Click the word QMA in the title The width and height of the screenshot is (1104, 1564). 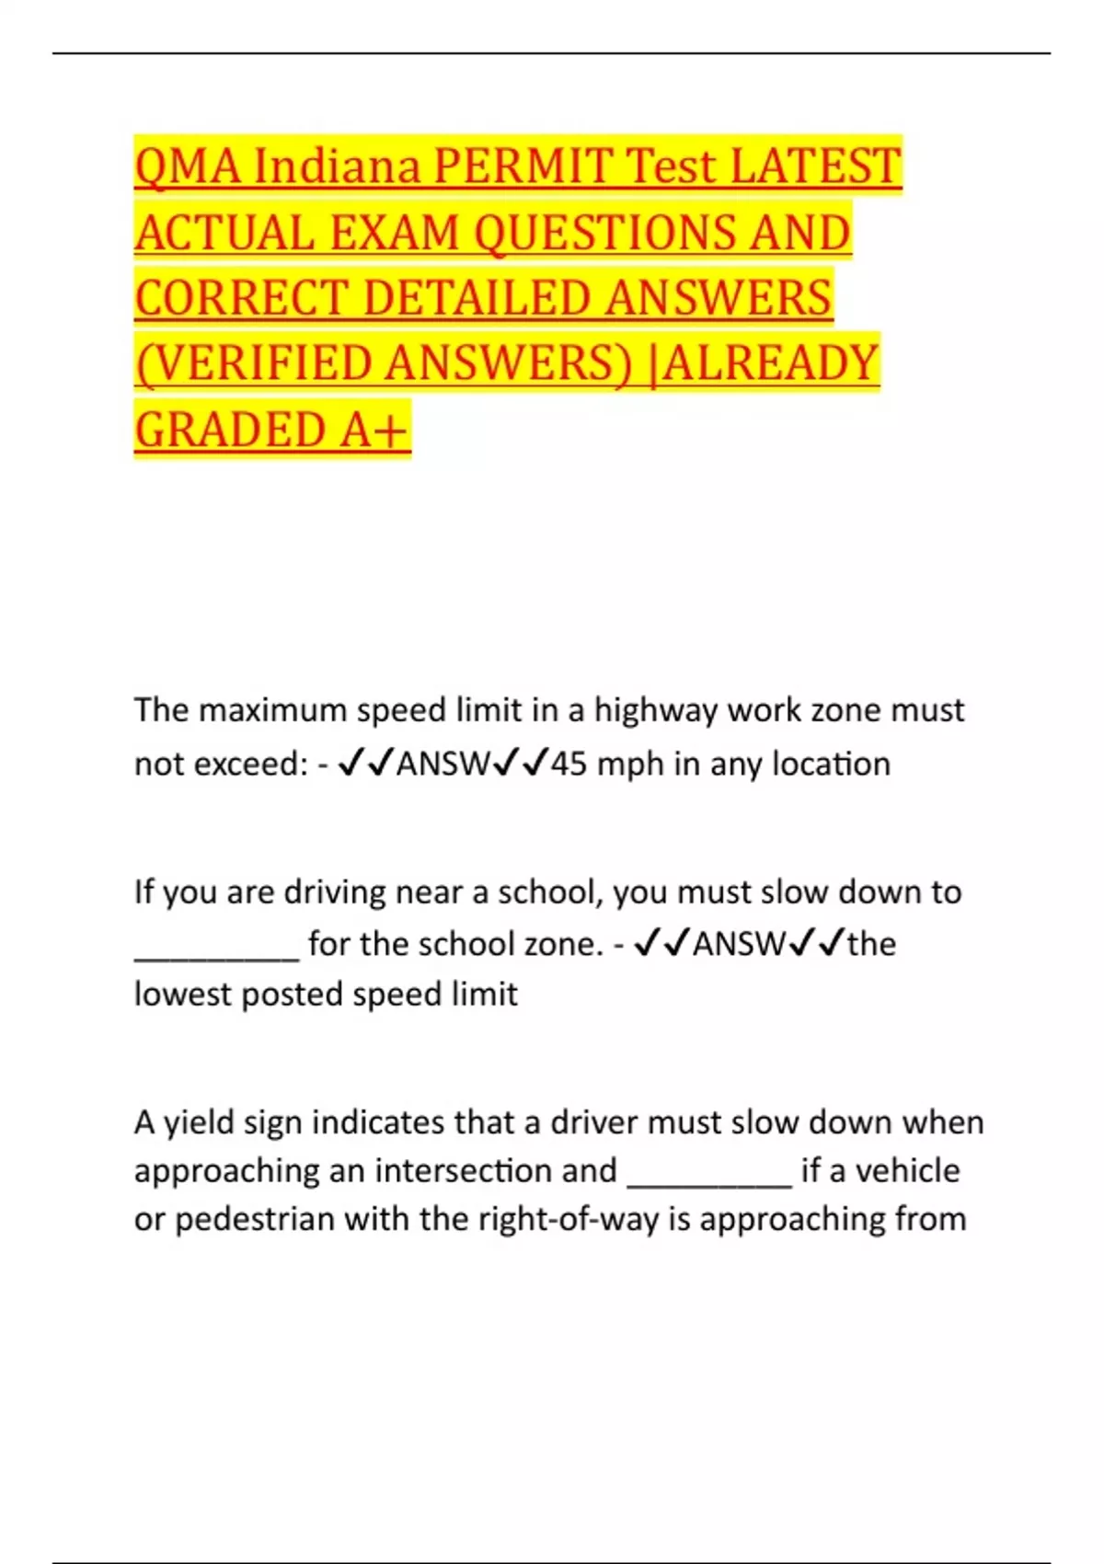click(x=188, y=167)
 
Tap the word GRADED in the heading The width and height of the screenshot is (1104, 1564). click(x=231, y=430)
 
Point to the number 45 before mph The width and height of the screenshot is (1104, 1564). click(x=569, y=764)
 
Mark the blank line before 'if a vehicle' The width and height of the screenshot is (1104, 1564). click(x=709, y=1174)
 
